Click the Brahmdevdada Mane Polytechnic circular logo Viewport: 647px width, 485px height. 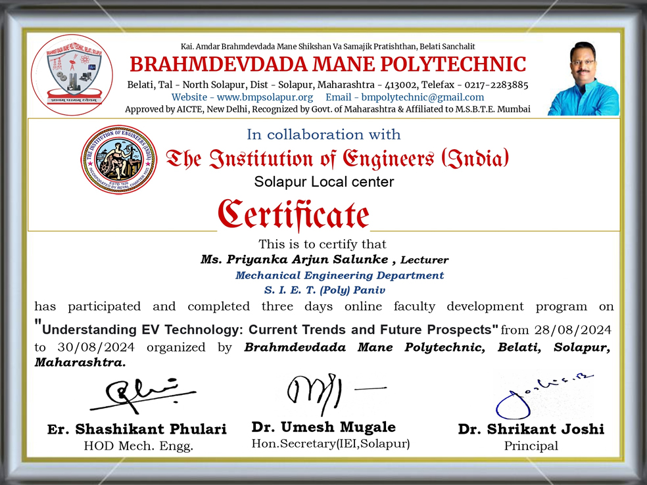[x=72, y=74]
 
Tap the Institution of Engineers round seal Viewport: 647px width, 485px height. [x=119, y=160]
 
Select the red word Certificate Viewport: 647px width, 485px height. [x=294, y=215]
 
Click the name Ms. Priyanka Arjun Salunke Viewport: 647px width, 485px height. [x=294, y=259]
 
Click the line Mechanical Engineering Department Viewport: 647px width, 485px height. [x=339, y=275]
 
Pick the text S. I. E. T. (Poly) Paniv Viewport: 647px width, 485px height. [x=324, y=290]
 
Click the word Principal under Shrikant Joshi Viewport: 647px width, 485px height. [x=531, y=446]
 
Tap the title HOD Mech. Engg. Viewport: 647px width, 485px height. [x=138, y=446]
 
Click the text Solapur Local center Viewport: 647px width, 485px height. [x=324, y=181]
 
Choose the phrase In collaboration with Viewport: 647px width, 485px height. [x=323, y=135]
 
